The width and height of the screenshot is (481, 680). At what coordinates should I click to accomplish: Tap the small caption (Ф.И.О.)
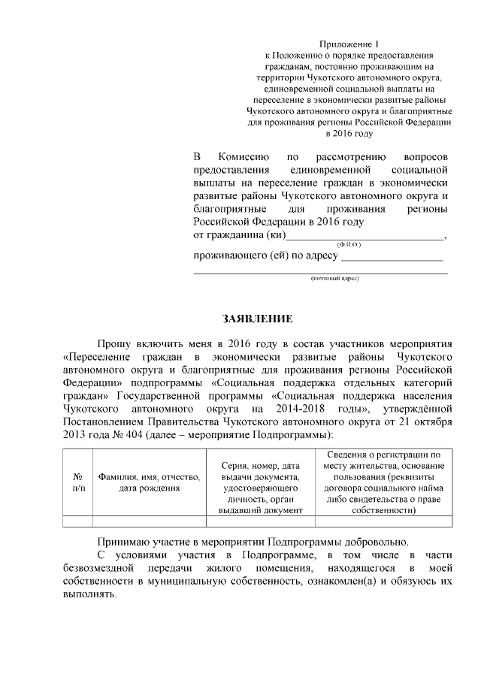click(349, 245)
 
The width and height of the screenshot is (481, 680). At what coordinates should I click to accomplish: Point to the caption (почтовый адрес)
click(335, 278)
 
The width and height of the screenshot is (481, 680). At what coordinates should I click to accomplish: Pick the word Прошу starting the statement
click(113, 343)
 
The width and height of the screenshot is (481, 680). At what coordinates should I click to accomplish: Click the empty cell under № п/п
click(78, 521)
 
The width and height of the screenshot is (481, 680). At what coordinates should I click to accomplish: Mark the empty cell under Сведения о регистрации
click(383, 521)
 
